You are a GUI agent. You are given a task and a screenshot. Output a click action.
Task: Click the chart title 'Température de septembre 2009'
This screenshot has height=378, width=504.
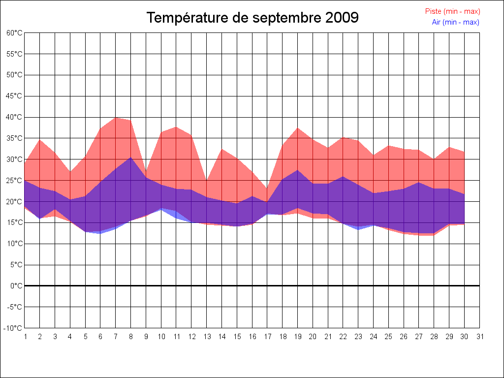(252, 18)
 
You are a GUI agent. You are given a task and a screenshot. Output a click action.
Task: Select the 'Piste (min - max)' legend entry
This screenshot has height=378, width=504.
(452, 11)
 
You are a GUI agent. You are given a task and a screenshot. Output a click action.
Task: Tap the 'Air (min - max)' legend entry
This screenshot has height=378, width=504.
(455, 22)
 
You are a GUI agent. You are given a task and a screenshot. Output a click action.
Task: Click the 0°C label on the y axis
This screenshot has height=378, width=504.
(16, 286)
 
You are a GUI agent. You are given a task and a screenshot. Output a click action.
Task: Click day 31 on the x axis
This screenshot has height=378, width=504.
(480, 337)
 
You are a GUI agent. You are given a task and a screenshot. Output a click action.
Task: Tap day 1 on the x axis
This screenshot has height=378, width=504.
(25, 337)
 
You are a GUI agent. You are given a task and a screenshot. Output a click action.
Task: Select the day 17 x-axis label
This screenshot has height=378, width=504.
(267, 337)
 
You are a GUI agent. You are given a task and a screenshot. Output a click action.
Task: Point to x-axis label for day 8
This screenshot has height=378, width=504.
(131, 337)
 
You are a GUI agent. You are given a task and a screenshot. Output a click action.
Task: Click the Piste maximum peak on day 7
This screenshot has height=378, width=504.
(116, 117)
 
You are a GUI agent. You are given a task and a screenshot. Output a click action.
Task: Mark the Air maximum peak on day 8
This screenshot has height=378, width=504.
(131, 157)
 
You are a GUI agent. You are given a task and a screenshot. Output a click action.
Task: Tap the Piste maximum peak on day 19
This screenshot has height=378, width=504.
(297, 128)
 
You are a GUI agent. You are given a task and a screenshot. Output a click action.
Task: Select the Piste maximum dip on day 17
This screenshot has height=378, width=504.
(267, 188)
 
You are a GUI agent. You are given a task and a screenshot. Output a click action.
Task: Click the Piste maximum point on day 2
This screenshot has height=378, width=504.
(40, 139)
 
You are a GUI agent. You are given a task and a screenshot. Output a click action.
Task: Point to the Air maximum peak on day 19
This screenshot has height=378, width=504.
(297, 170)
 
